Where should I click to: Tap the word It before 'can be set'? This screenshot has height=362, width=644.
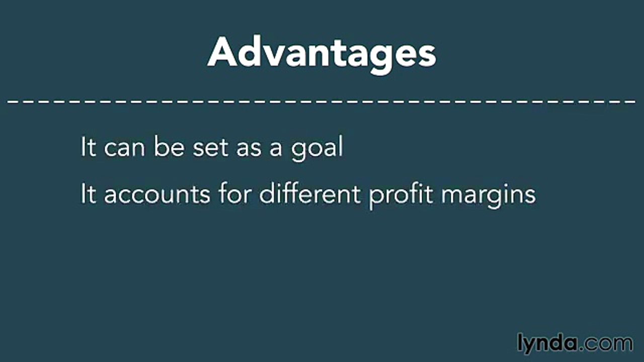pyautogui.click(x=88, y=148)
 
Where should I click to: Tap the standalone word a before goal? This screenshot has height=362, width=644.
pyautogui.click(x=275, y=150)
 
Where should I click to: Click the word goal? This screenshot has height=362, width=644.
pyautogui.click(x=317, y=149)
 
